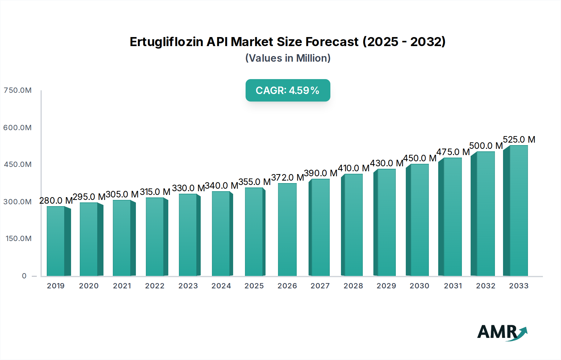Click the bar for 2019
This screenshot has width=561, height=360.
tap(56, 241)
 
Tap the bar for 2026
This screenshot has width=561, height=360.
tap(287, 230)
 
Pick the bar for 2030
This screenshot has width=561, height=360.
tap(420, 220)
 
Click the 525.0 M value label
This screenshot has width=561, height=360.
tap(519, 140)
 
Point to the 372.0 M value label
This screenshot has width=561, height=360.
tap(287, 178)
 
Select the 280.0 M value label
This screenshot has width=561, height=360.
tap(56, 201)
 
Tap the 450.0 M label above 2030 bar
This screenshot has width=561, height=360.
tap(420, 158)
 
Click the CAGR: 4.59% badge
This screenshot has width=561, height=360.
tap(288, 90)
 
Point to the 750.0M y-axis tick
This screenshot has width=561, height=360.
tap(17, 90)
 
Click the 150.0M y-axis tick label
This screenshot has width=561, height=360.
tap(18, 239)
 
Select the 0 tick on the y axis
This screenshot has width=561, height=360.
tap(24, 276)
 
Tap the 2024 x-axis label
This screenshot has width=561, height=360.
tap(221, 286)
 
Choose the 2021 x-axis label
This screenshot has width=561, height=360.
tap(122, 286)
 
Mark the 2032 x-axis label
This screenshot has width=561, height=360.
tap(486, 286)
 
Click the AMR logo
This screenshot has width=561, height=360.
tap(502, 332)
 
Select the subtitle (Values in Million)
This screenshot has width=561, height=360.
tap(288, 58)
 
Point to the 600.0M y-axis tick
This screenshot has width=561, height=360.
tap(17, 128)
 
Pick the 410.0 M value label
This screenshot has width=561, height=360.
tap(353, 168)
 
